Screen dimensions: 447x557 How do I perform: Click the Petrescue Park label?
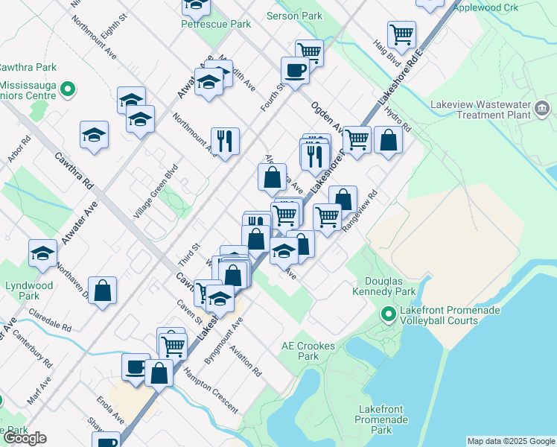click(216, 24)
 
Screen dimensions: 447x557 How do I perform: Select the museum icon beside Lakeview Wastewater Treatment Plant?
click(543, 111)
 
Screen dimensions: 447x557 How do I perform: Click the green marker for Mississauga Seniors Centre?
click(67, 89)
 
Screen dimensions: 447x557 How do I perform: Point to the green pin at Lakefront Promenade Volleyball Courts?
click(387, 314)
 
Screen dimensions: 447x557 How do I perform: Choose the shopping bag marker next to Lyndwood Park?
click(102, 290)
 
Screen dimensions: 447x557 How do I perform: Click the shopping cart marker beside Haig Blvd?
click(401, 34)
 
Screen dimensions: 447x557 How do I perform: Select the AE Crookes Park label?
click(299, 351)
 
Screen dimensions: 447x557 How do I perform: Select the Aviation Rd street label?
click(246, 361)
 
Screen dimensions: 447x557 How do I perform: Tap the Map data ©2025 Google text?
click(511, 441)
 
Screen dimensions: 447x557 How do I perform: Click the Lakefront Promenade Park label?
click(383, 419)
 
